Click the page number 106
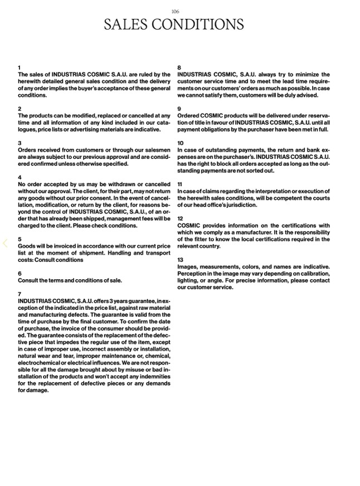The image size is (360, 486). [176, 11]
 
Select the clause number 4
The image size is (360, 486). [20, 177]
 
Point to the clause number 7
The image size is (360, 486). [20, 294]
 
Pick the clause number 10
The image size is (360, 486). [180, 143]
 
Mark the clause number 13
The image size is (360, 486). [180, 260]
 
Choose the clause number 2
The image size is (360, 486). [20, 109]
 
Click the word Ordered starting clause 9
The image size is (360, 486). [188, 116]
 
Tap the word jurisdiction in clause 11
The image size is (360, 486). [240, 205]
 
